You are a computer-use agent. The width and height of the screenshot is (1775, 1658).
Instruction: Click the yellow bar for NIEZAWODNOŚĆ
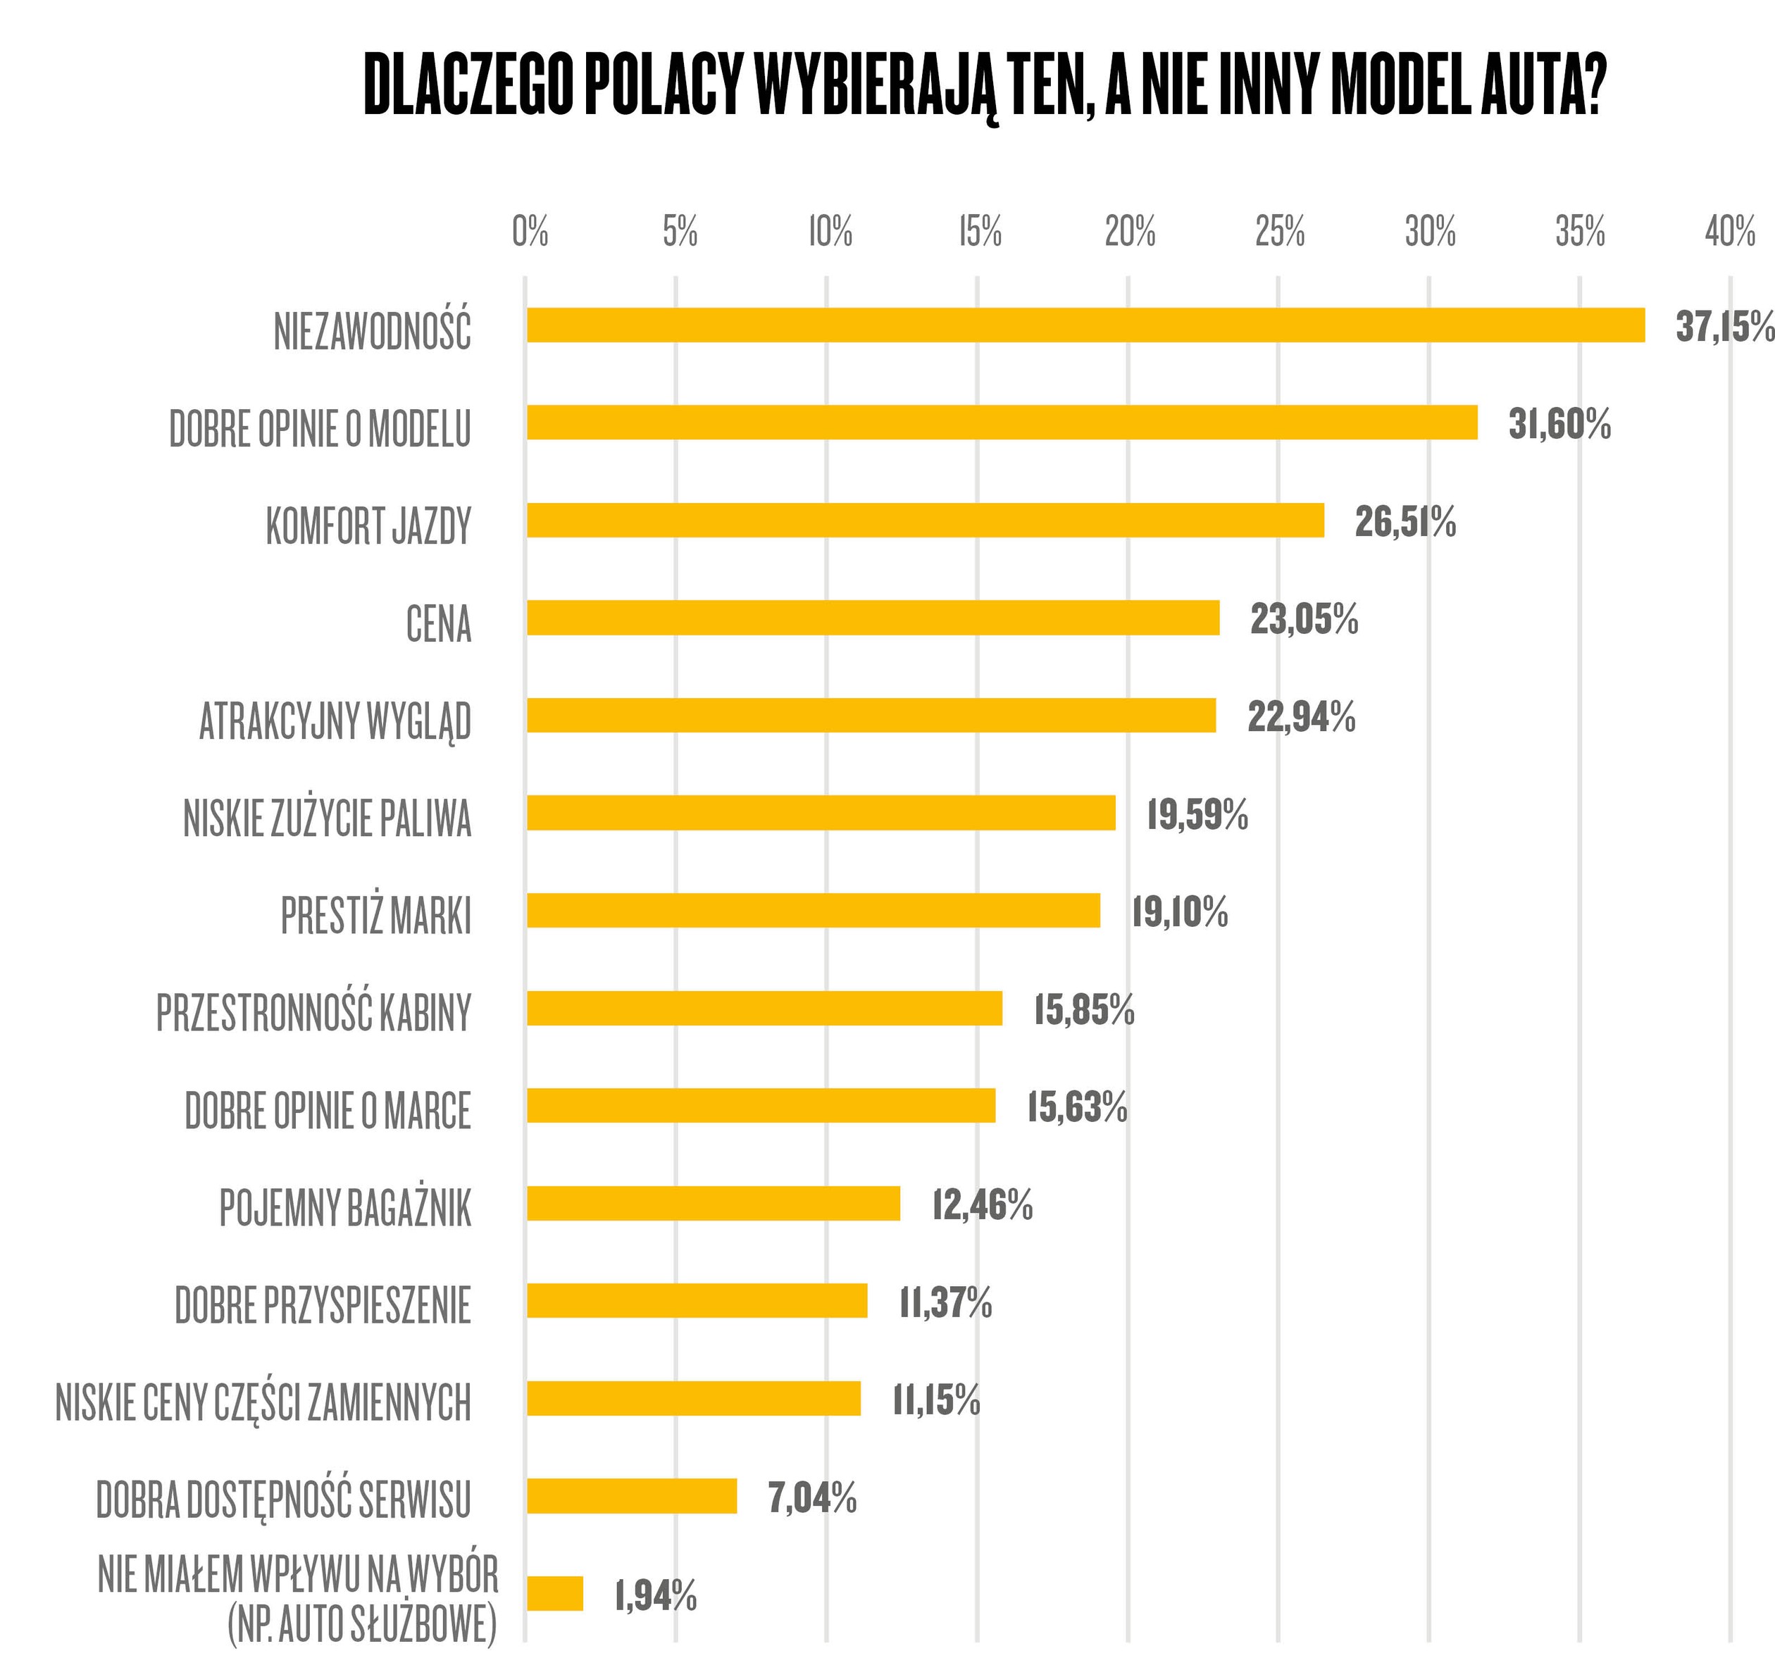1085,325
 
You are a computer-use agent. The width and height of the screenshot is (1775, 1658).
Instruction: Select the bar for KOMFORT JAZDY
925,520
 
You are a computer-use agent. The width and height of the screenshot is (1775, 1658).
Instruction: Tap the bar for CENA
872,618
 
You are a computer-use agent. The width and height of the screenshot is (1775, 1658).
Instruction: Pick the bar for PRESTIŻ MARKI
813,911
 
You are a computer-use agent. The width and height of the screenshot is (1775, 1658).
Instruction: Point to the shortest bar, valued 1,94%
554,1594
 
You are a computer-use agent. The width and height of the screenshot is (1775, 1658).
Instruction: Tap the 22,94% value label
1301,717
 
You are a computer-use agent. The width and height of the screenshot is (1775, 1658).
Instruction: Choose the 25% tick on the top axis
1279,232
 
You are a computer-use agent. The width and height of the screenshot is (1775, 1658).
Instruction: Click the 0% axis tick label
530,232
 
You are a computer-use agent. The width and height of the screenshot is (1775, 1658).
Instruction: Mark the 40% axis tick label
1729,232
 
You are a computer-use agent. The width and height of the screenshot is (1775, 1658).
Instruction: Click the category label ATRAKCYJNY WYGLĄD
335,721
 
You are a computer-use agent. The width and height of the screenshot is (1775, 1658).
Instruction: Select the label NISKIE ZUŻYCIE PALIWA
327,818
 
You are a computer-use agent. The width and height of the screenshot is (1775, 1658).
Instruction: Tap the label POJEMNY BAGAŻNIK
344,1208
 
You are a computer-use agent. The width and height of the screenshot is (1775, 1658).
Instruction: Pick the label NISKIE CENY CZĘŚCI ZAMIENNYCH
263,1402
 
